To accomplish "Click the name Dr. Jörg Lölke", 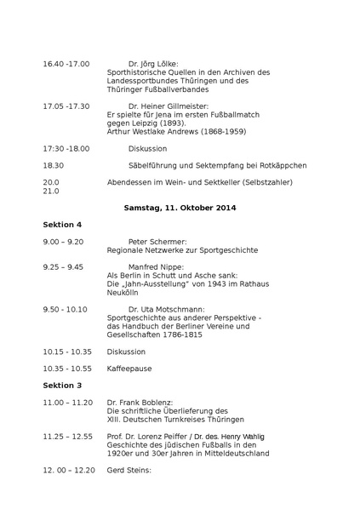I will (x=153, y=64).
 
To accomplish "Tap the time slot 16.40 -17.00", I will (x=66, y=64).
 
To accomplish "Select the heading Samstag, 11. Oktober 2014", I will (x=180, y=208).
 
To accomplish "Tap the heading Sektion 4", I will (x=62, y=225).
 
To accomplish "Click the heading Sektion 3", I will (x=62, y=386).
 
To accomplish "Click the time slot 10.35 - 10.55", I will (x=67, y=369).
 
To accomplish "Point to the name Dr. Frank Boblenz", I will (x=140, y=402).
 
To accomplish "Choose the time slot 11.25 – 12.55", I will (x=68, y=436).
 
